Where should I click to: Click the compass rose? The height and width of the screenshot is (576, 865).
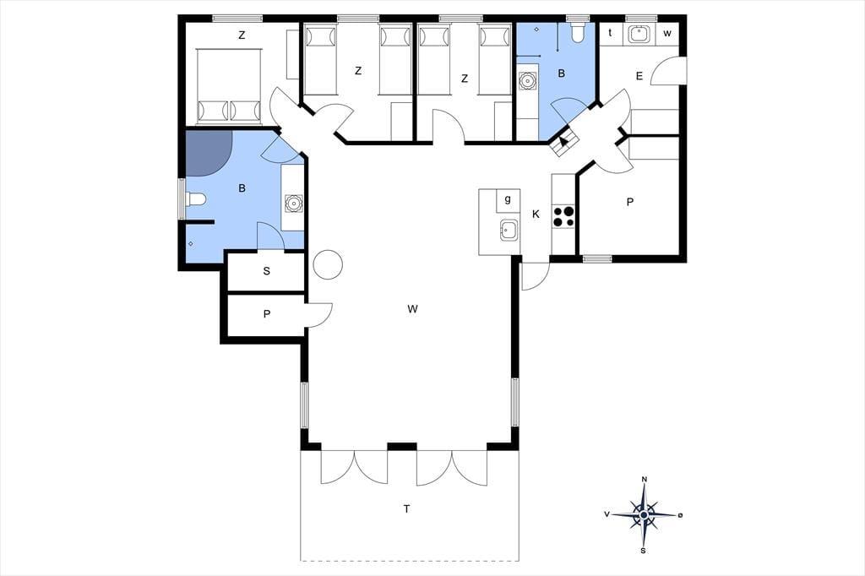[644, 514]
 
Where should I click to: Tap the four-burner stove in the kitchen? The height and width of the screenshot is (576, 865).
[563, 215]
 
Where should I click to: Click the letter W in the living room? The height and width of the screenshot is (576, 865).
[412, 309]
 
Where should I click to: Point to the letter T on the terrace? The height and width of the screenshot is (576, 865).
[406, 508]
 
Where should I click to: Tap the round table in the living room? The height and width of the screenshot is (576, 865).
[328, 264]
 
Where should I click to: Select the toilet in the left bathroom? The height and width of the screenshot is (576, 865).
[196, 198]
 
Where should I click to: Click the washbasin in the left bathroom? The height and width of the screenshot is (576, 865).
[293, 204]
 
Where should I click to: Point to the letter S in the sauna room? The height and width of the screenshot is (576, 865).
[267, 271]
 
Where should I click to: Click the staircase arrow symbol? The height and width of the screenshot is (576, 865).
[563, 141]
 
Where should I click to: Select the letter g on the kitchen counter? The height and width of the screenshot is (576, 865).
[508, 199]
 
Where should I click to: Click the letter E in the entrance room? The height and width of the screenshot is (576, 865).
[639, 76]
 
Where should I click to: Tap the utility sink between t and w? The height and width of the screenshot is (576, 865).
[639, 33]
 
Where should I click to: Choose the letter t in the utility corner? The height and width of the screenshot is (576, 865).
[610, 33]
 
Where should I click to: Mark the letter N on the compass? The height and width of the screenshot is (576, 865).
[645, 479]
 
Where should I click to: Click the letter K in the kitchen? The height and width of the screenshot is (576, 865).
[536, 214]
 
